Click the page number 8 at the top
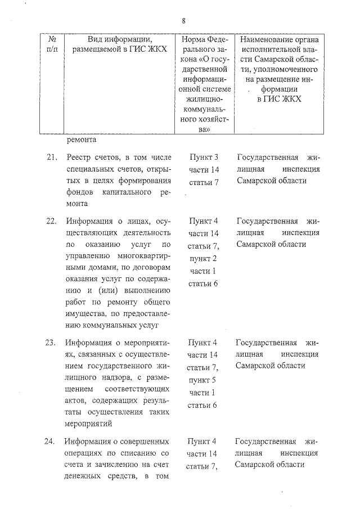(183, 21)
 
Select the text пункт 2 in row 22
(203, 258)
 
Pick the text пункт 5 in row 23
(203, 380)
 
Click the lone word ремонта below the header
(82, 139)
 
